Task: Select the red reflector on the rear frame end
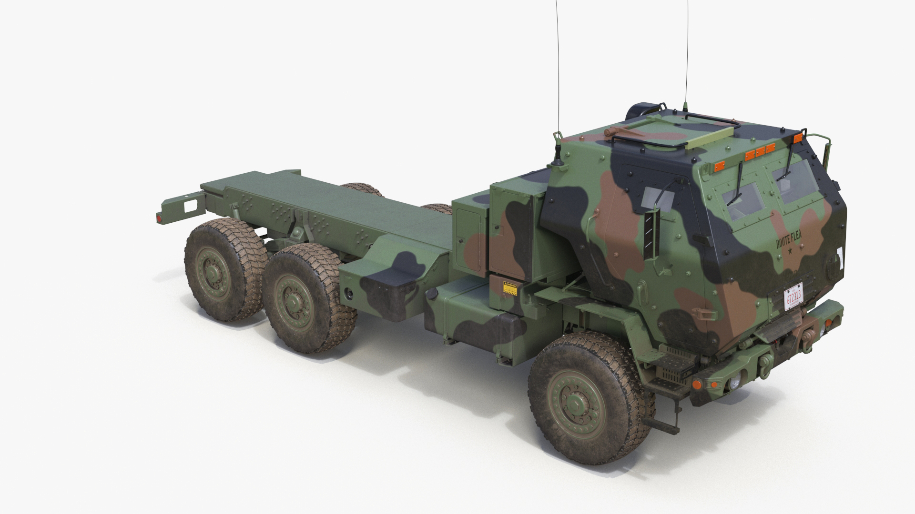click(159, 217)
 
